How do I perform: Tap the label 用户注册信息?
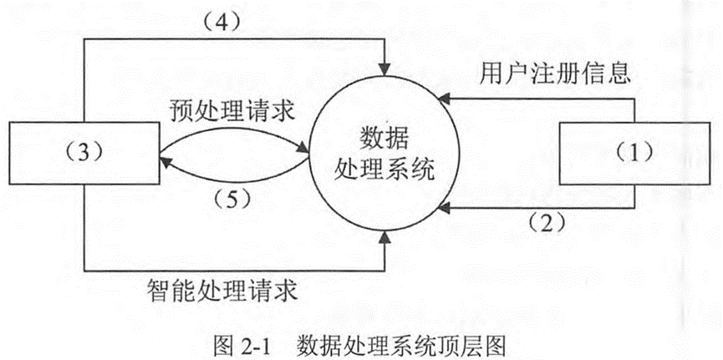tap(553, 74)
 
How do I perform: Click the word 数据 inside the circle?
tap(384, 138)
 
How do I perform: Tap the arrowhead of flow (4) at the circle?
tap(384, 67)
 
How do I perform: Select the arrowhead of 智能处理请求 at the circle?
tap(384, 241)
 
